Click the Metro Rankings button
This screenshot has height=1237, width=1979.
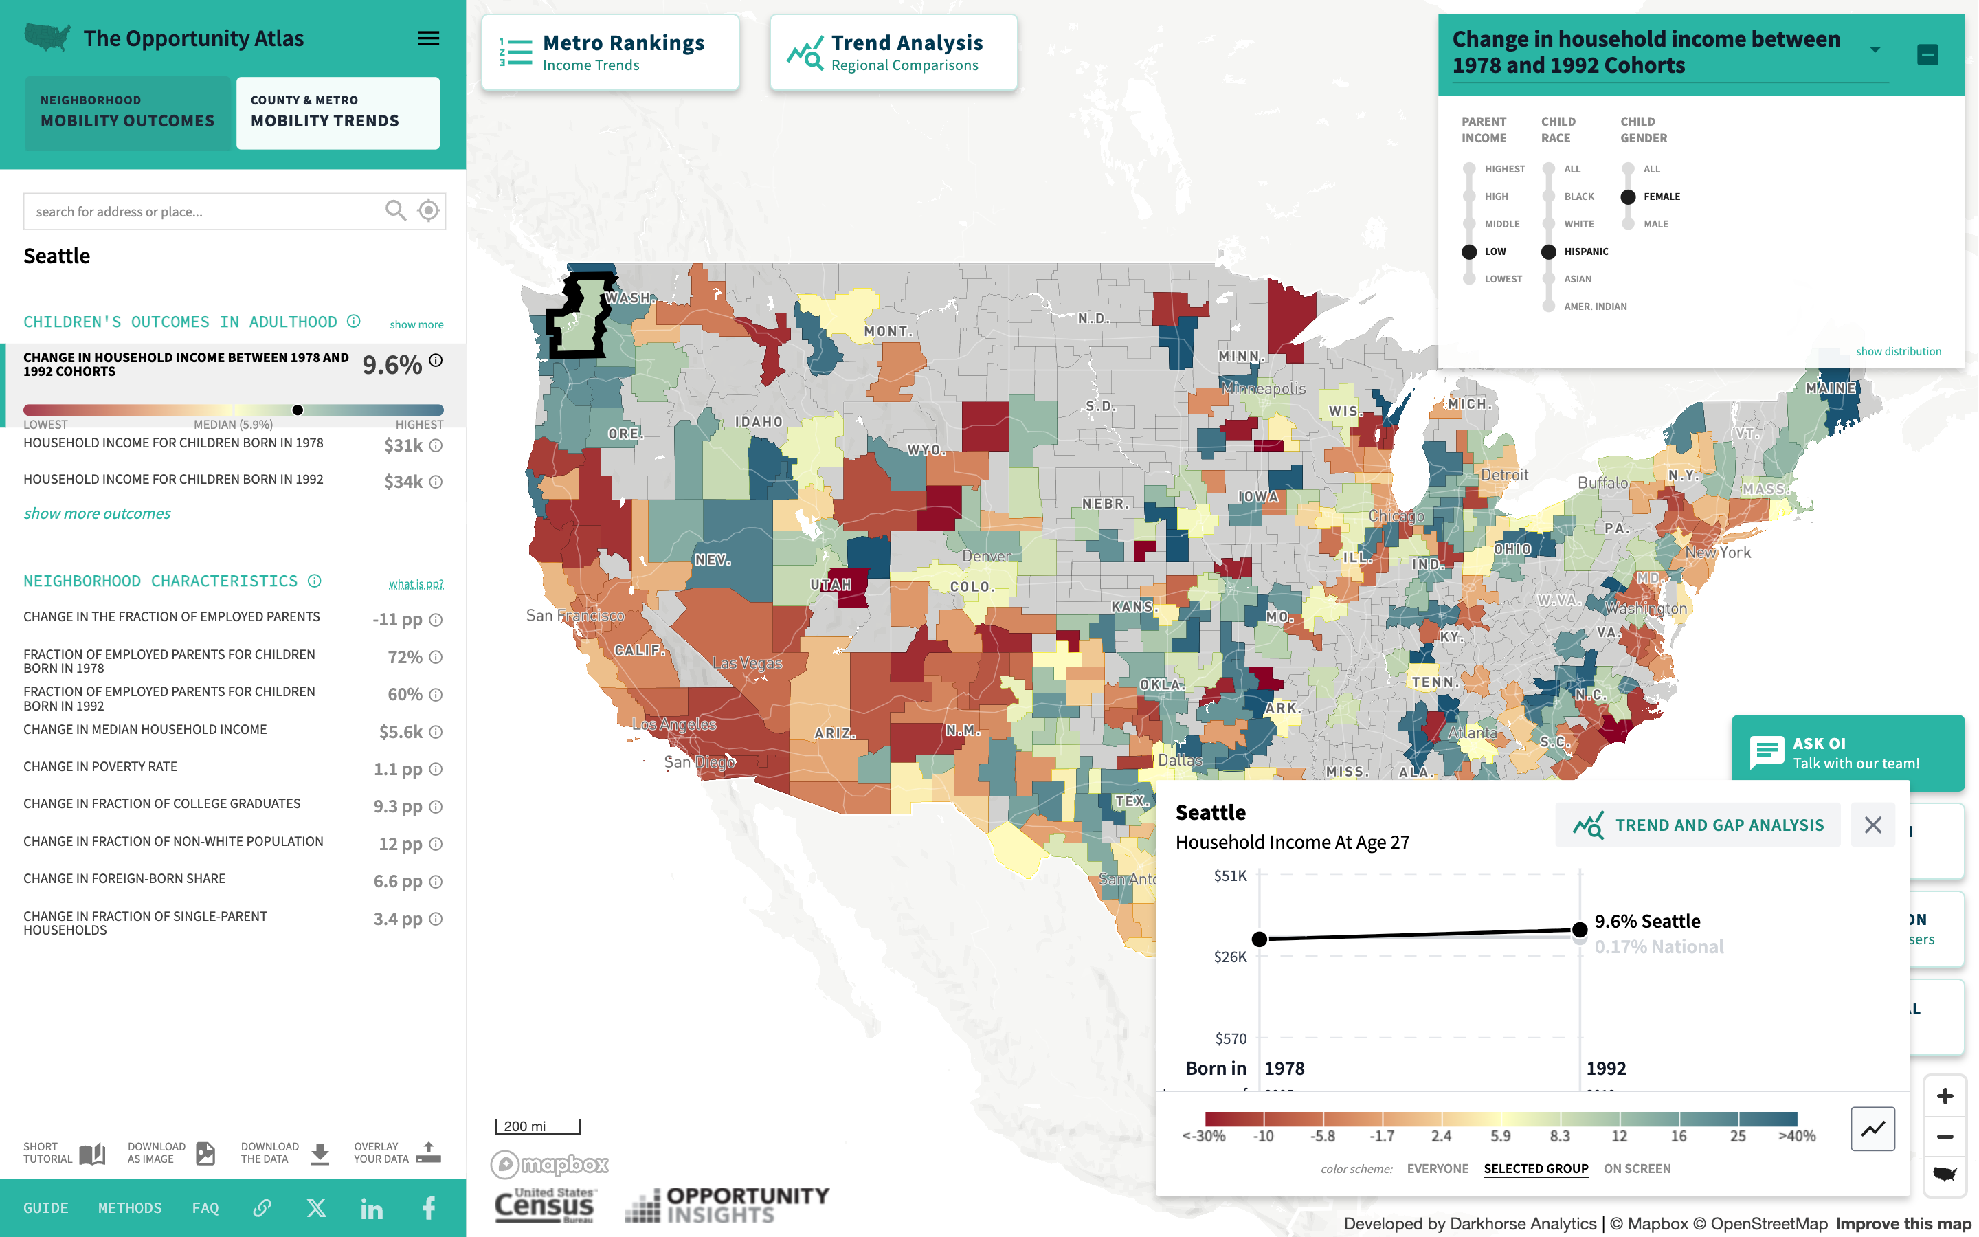[x=610, y=52]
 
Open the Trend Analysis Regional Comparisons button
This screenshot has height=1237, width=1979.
[x=893, y=52]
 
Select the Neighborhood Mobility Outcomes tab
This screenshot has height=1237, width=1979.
[x=128, y=112]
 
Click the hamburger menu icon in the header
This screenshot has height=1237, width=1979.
[x=429, y=38]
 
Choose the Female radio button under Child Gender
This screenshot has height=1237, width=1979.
[x=1628, y=197]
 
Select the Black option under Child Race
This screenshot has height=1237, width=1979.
[x=1549, y=197]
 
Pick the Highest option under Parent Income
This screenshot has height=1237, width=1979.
[x=1470, y=169]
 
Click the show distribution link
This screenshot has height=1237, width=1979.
[x=1898, y=352]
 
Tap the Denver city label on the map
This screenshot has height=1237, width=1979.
[x=986, y=557]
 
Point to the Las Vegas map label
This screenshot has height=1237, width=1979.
[x=747, y=662]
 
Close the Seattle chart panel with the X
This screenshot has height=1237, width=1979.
[x=1872, y=825]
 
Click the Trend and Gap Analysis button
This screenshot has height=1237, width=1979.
[x=1698, y=825]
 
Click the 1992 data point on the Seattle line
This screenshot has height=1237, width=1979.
[x=1580, y=929]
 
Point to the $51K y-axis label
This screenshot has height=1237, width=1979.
[x=1230, y=876]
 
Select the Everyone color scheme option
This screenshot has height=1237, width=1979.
[x=1437, y=1168]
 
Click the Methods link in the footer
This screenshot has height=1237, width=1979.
[x=130, y=1207]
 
